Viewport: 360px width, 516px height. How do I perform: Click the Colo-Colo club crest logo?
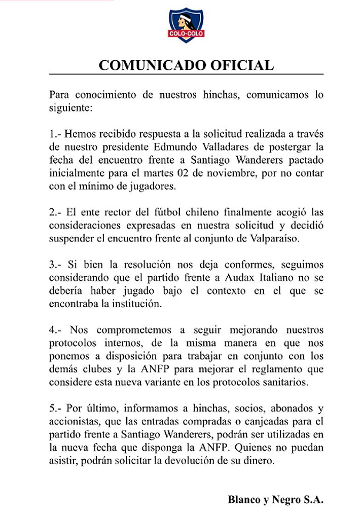coord(185,25)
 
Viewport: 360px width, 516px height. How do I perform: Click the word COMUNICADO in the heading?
coord(147,65)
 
